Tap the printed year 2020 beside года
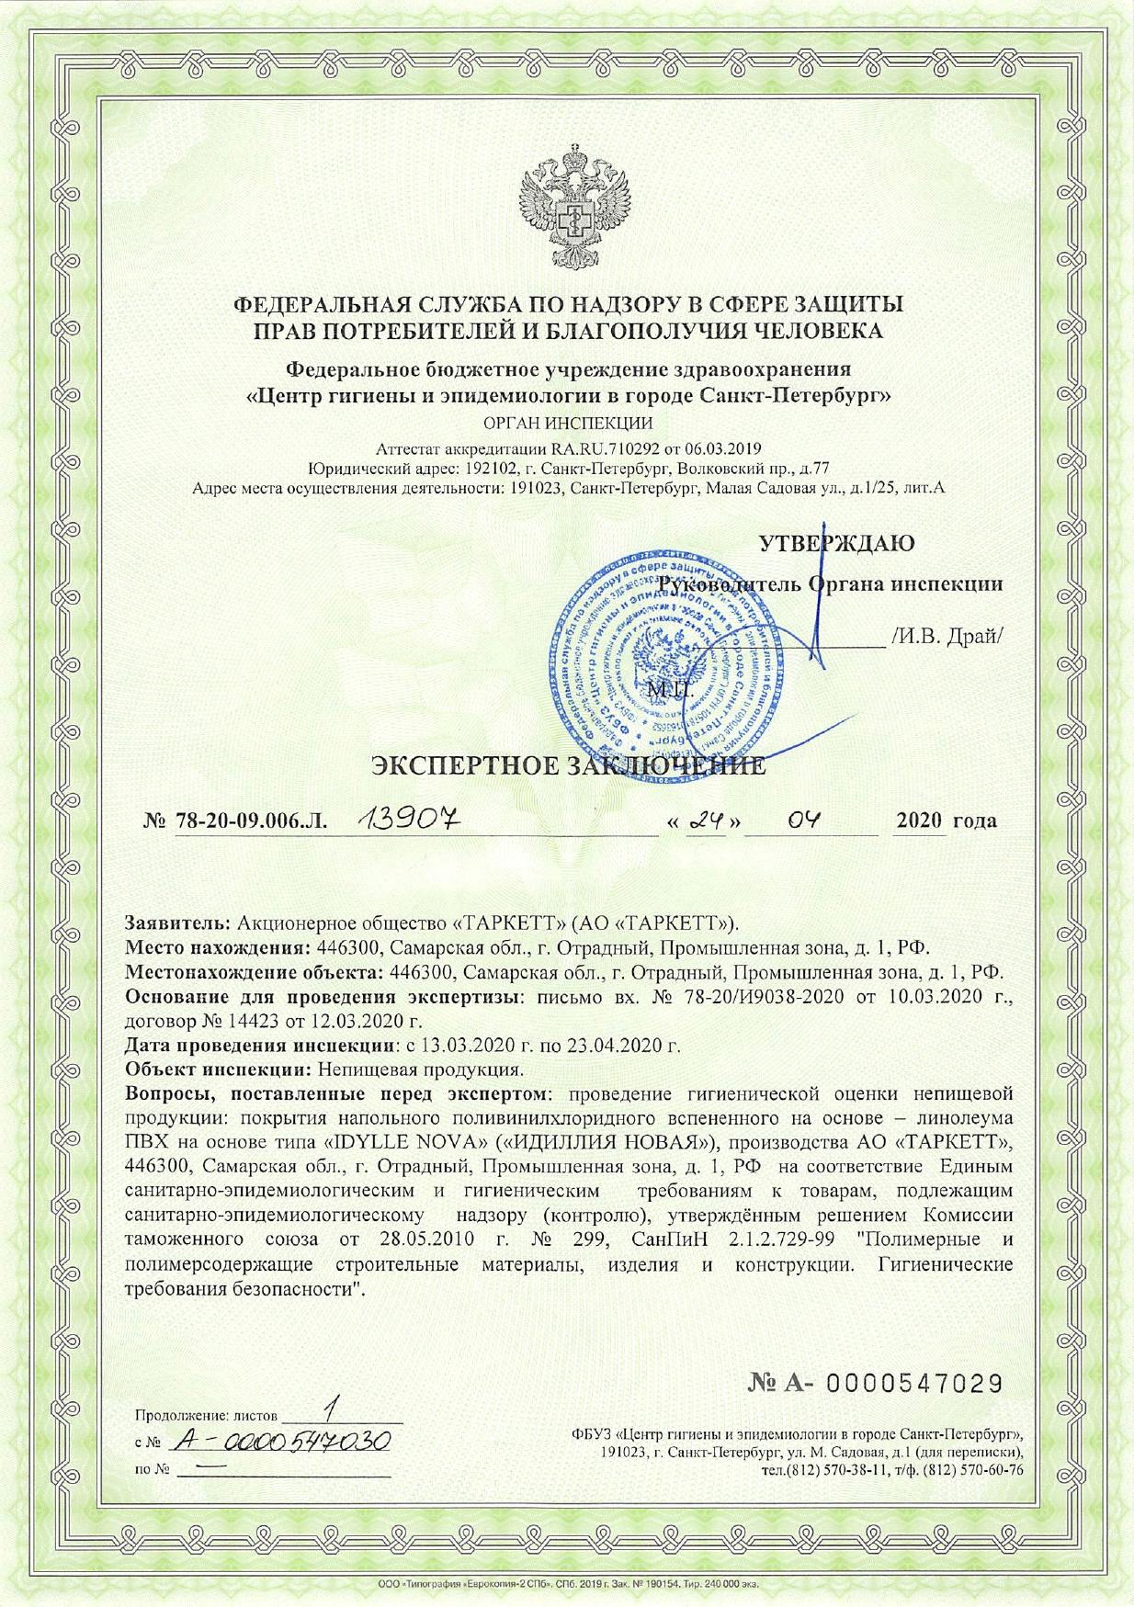(919, 820)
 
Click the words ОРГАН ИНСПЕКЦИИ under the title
(567, 424)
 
